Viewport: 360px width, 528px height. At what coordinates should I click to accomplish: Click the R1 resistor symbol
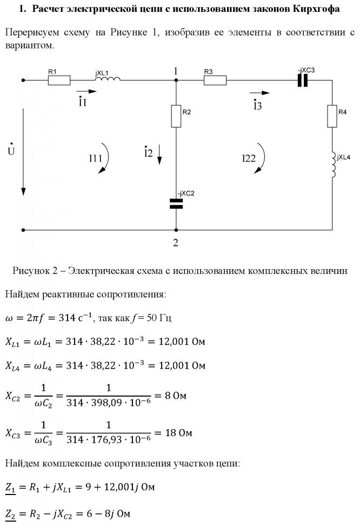59,81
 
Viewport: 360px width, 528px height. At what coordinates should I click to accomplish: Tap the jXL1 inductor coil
108,80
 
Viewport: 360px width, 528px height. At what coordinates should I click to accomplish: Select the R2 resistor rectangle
176,116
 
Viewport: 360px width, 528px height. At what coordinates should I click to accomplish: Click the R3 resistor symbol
215,81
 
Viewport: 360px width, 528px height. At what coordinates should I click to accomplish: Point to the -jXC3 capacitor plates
302,81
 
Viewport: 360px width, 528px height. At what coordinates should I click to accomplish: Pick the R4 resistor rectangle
332,116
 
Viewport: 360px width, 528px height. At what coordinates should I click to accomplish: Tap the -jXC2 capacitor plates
176,203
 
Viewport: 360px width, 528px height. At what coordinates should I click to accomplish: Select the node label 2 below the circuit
175,243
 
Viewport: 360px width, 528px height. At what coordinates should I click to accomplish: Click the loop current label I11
96,159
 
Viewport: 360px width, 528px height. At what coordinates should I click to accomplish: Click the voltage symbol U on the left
11,149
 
